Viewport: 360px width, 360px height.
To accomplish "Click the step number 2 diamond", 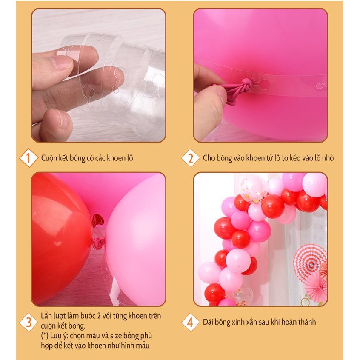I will click(190, 158).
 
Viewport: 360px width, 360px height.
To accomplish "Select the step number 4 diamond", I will click(190, 322).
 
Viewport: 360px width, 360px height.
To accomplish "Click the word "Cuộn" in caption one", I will click(49, 158).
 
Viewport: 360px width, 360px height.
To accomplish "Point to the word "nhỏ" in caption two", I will click(326, 158).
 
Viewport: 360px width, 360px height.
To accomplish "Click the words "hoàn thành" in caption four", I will click(300, 322).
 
